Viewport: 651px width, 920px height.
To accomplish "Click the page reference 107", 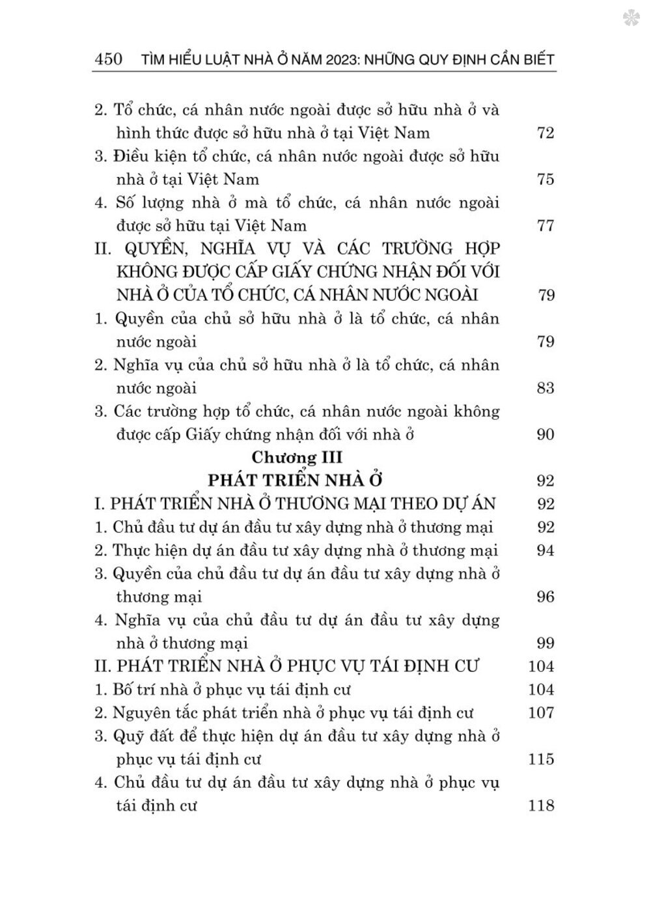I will pos(540,712).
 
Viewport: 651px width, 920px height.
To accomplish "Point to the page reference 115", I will pos(540,759).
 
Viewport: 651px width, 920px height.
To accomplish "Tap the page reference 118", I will pos(540,805).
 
